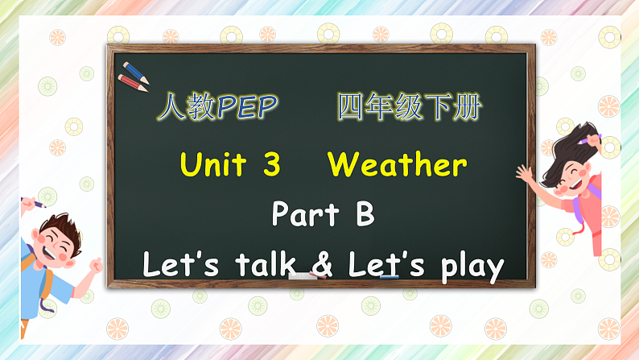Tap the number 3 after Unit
271,165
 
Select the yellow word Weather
397,165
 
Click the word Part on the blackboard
302,215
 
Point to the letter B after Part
365,215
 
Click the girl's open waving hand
525,173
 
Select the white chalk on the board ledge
303,275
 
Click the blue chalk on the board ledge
389,275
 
